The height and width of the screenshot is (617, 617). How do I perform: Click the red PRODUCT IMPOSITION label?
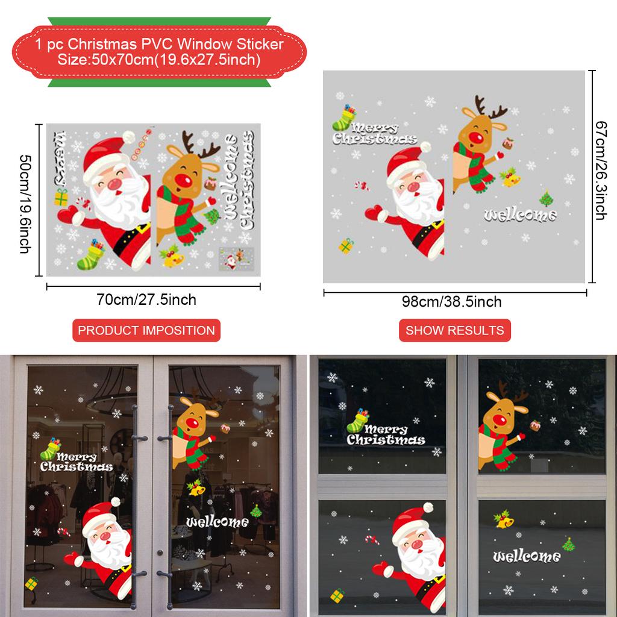(x=146, y=330)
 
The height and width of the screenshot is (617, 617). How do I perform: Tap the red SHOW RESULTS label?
(x=455, y=330)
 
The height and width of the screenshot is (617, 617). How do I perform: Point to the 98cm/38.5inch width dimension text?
(x=452, y=301)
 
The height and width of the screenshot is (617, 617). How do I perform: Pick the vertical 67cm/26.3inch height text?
(x=600, y=171)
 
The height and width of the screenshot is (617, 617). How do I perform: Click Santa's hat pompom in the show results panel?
(x=425, y=147)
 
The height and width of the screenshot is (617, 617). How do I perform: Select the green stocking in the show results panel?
(x=345, y=119)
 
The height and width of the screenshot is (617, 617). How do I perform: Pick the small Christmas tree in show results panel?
(x=545, y=198)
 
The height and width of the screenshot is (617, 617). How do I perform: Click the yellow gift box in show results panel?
(x=346, y=245)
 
